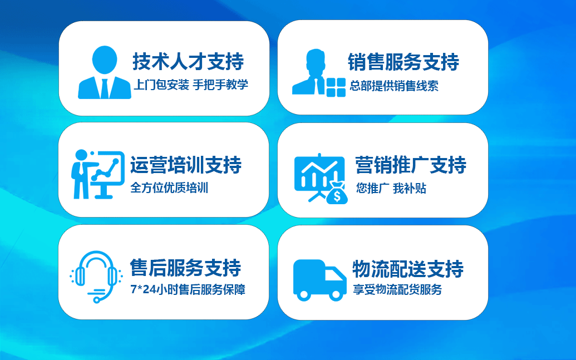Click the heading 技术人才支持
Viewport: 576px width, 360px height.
coord(188,61)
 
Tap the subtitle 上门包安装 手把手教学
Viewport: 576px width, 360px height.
coord(191,85)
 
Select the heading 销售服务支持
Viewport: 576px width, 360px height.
coord(403,62)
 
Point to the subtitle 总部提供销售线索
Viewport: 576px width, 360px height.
coord(394,86)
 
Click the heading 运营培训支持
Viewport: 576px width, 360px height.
coord(186,165)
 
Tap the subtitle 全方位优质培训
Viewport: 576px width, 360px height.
coord(169,188)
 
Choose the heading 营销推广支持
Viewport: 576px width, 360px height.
coord(411,165)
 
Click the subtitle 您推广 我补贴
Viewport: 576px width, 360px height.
coord(391,188)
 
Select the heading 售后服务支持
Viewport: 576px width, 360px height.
coord(185,267)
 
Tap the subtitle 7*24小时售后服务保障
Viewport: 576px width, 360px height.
coord(188,289)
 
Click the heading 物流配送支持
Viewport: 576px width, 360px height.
coord(408,269)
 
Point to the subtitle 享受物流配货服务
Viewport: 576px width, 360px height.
coord(397,289)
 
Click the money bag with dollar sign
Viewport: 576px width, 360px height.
coord(337,193)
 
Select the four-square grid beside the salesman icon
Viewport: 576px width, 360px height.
coord(336,87)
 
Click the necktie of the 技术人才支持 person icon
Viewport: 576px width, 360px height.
coord(105,89)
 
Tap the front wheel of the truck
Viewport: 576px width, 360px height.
coord(336,294)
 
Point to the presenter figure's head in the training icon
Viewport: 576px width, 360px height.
coord(81,155)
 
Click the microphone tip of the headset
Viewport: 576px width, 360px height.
coord(97,300)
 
